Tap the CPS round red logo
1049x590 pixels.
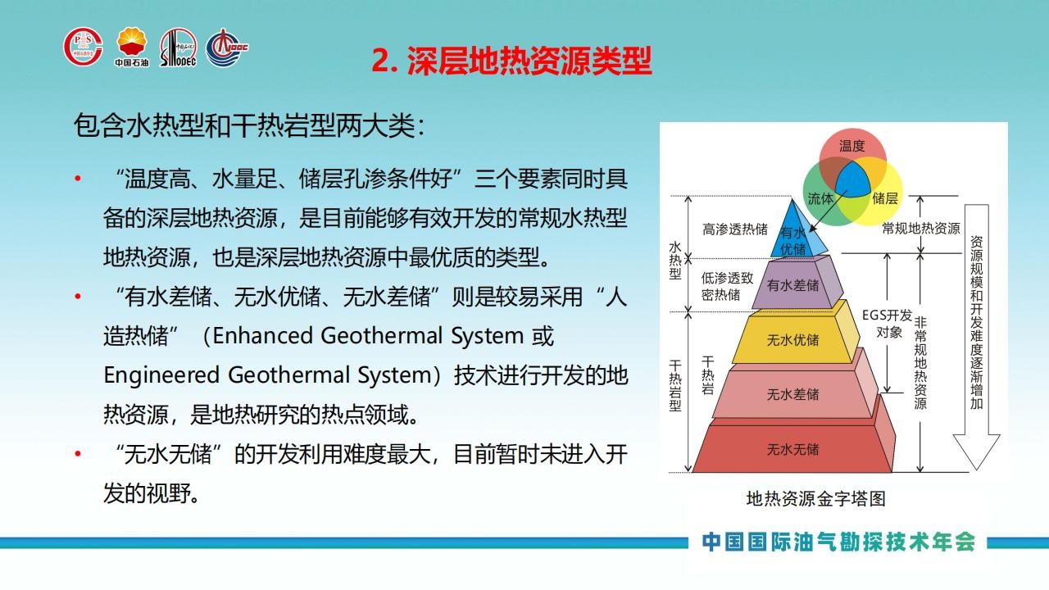tap(83, 47)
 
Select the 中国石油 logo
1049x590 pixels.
tap(132, 47)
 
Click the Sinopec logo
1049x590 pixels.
tap(178, 48)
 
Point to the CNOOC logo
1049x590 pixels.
tap(227, 48)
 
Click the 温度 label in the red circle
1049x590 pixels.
tap(851, 146)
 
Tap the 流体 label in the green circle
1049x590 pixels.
tap(820, 198)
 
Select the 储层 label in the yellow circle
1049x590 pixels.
tap(884, 198)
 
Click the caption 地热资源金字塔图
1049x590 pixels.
tap(815, 499)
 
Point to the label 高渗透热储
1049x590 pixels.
tap(735, 229)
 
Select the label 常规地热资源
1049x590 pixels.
tap(921, 228)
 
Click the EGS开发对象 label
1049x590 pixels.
tap(888, 324)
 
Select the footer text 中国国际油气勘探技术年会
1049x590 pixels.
tap(838, 542)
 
